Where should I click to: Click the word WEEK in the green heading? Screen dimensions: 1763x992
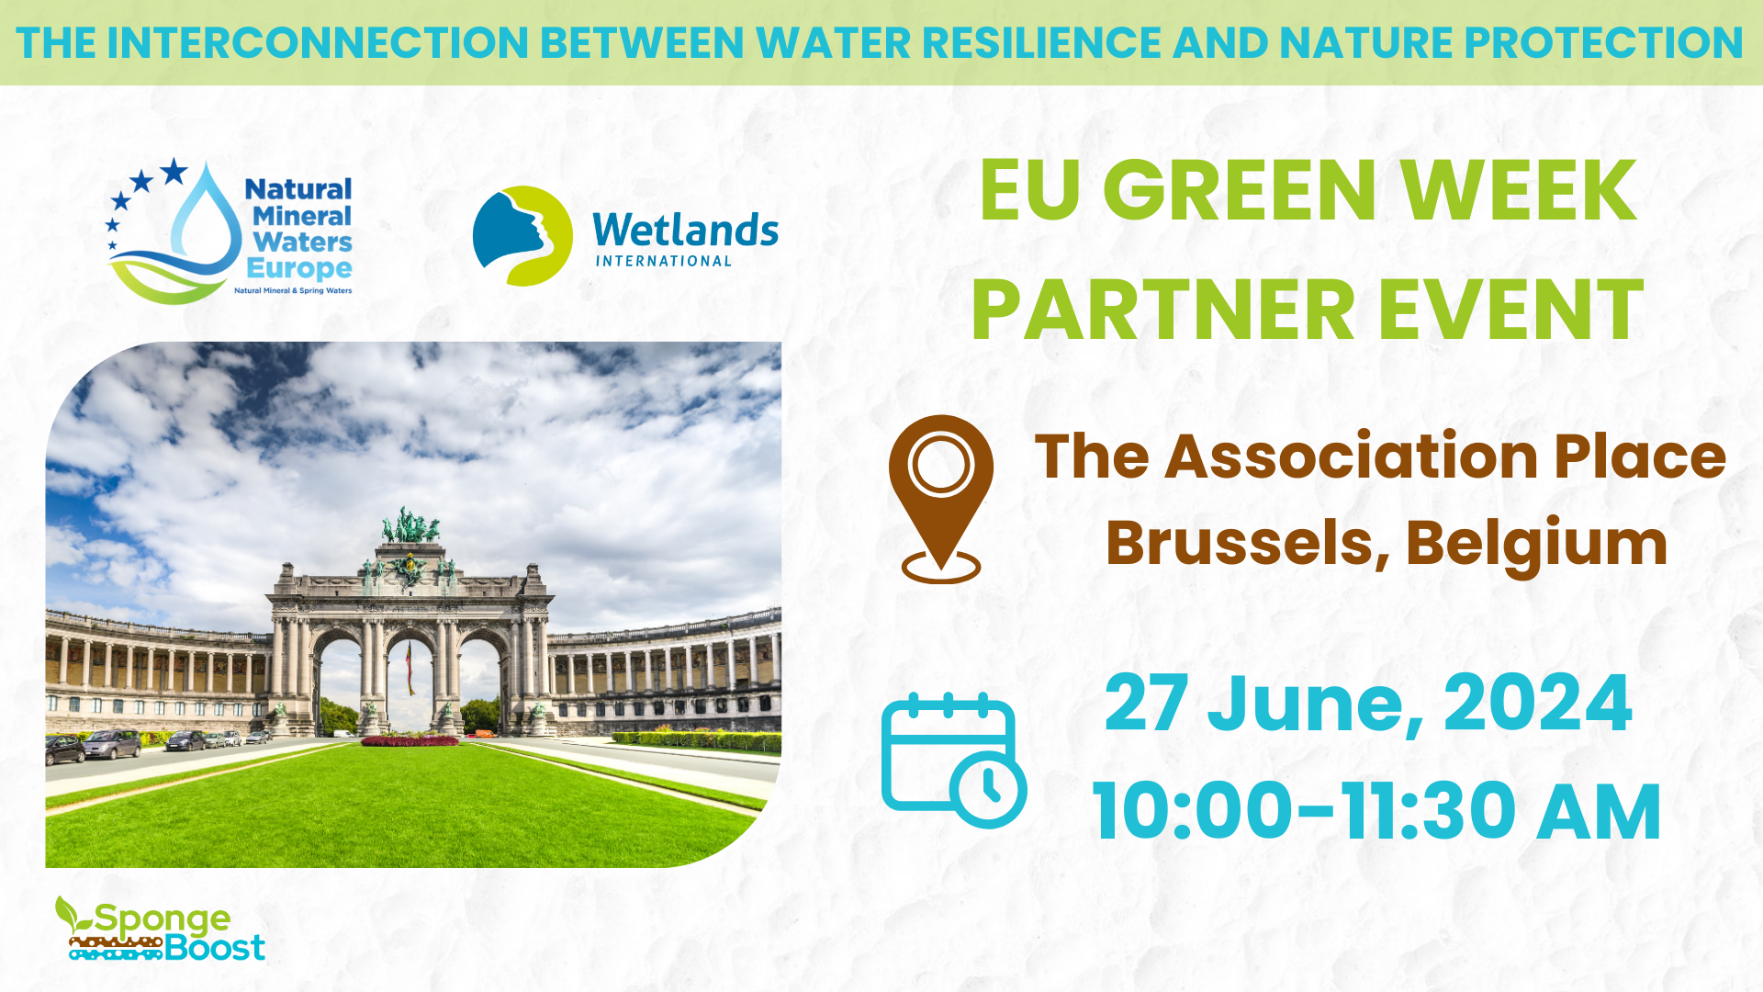tap(1520, 191)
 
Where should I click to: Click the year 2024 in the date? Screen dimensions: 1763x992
tap(1538, 704)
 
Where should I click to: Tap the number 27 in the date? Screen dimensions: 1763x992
tap(1147, 704)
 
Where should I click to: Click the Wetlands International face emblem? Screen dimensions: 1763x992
tap(522, 236)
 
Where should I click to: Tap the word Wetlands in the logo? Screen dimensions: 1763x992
tap(685, 230)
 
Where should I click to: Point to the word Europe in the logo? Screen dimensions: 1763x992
tap(299, 268)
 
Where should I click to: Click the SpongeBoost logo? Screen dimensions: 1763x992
tap(160, 930)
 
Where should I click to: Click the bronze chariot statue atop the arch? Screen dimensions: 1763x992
tap(410, 525)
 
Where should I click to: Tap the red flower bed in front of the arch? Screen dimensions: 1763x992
tap(410, 740)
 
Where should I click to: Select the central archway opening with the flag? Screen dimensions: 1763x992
tap(410, 680)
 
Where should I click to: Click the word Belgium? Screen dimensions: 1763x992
tap(1537, 544)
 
